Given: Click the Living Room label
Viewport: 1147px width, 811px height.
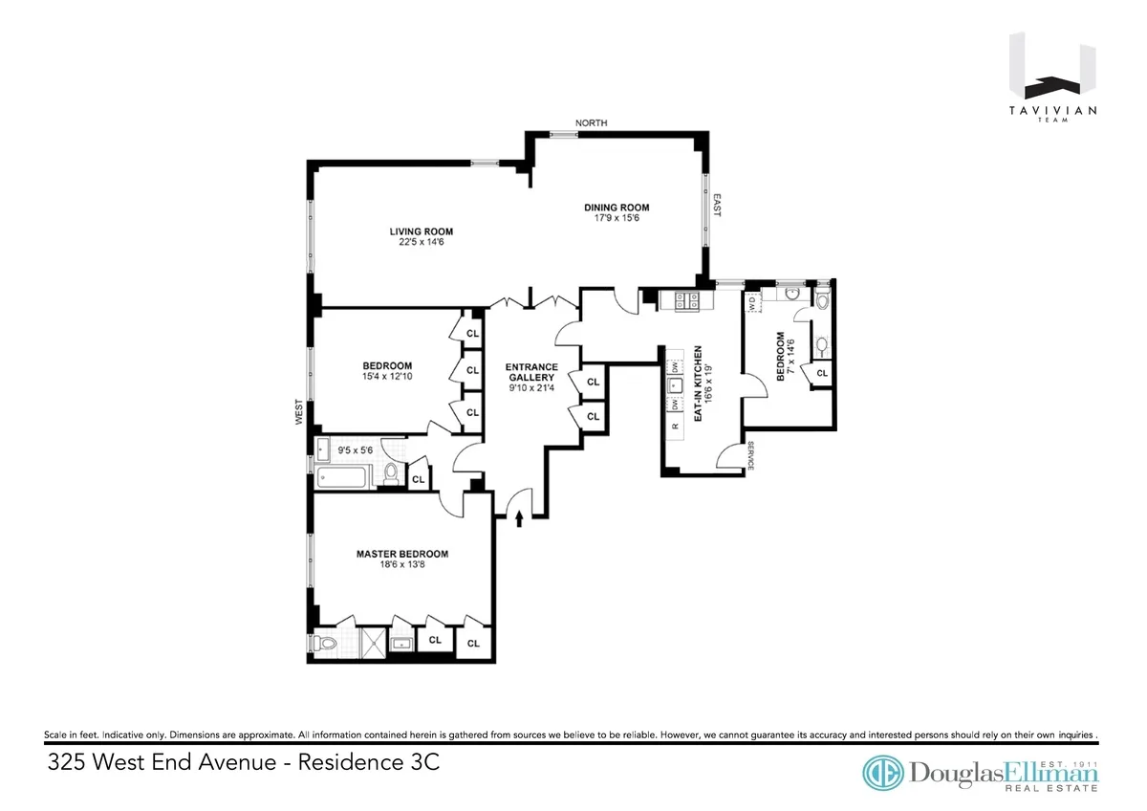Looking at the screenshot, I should [421, 231].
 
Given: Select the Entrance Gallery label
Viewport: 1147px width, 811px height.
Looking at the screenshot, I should [530, 371].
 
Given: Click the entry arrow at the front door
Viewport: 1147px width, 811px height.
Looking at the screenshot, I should [519, 519].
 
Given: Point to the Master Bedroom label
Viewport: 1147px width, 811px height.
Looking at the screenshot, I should [401, 554].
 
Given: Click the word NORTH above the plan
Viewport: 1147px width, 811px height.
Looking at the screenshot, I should [591, 123].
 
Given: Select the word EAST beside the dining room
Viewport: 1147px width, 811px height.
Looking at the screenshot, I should [717, 206].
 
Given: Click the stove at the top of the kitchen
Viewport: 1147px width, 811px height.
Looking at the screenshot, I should [687, 301].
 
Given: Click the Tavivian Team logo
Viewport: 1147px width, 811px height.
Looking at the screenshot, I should [1052, 76].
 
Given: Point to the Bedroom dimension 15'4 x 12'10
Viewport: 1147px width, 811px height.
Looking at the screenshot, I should [387, 378].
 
